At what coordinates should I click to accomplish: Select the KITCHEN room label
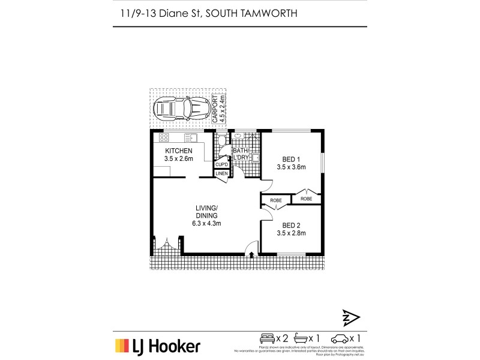coord(178,151)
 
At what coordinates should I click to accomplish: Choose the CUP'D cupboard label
coord(221,164)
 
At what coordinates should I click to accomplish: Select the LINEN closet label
coord(221,174)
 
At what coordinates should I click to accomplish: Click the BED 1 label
coord(292,160)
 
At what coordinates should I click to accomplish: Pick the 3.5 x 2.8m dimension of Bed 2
coord(292,233)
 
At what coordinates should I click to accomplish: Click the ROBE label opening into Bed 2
coord(276,200)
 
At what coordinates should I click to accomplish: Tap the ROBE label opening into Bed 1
coord(307,198)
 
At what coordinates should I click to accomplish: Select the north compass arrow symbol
coord(350,317)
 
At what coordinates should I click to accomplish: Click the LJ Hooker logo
coord(158,346)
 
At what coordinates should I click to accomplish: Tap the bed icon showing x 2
coord(267,338)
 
